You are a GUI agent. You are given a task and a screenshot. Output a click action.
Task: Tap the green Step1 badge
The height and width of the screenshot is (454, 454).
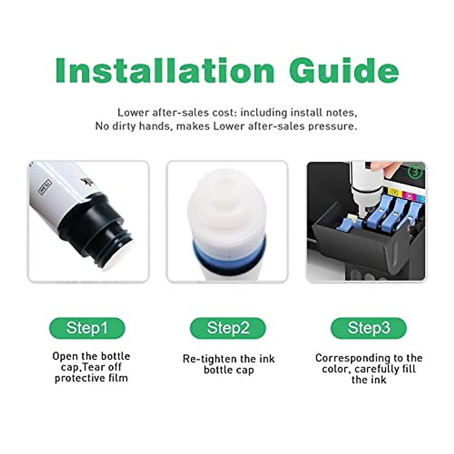[x=87, y=328]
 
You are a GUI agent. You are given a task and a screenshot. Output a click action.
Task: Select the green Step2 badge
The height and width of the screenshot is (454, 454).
[x=228, y=328]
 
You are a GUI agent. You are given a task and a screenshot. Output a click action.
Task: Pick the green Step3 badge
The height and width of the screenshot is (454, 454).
[x=368, y=328]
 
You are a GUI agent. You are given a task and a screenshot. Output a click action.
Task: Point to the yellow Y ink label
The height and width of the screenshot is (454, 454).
[x=395, y=194]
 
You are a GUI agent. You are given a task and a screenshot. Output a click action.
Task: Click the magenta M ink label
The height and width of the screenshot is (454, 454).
[x=409, y=195]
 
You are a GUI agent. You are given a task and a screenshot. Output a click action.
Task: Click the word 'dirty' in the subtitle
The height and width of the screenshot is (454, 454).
[x=124, y=126]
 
